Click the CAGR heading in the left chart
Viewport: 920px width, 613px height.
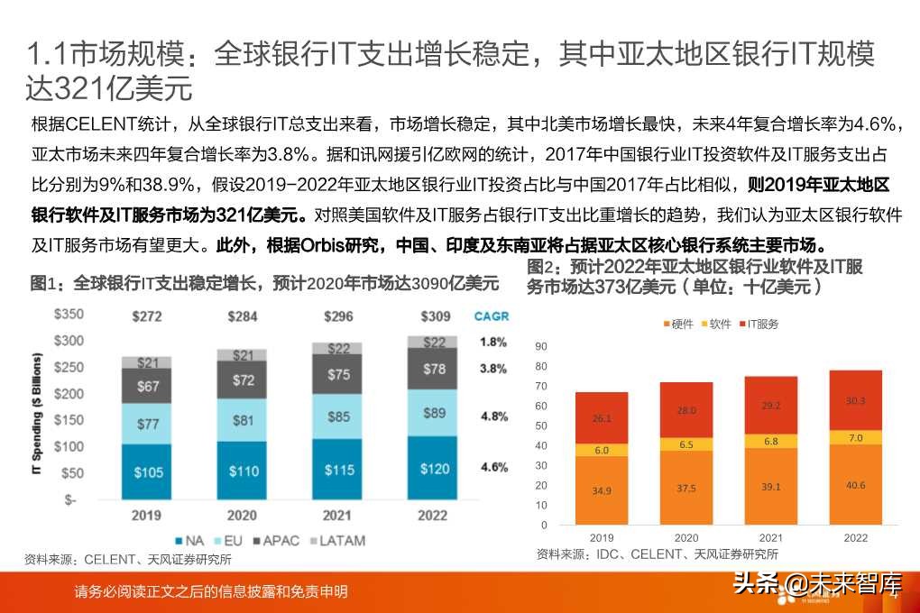click(x=492, y=316)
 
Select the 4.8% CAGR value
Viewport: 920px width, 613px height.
click(x=494, y=416)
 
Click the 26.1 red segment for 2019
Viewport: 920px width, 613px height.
click(x=602, y=418)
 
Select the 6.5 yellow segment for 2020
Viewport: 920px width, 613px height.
click(x=686, y=444)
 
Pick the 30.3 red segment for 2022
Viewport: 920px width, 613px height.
click(x=855, y=401)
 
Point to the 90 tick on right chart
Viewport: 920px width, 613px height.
click(x=541, y=346)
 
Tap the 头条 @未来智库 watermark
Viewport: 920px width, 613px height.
click(x=816, y=584)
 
